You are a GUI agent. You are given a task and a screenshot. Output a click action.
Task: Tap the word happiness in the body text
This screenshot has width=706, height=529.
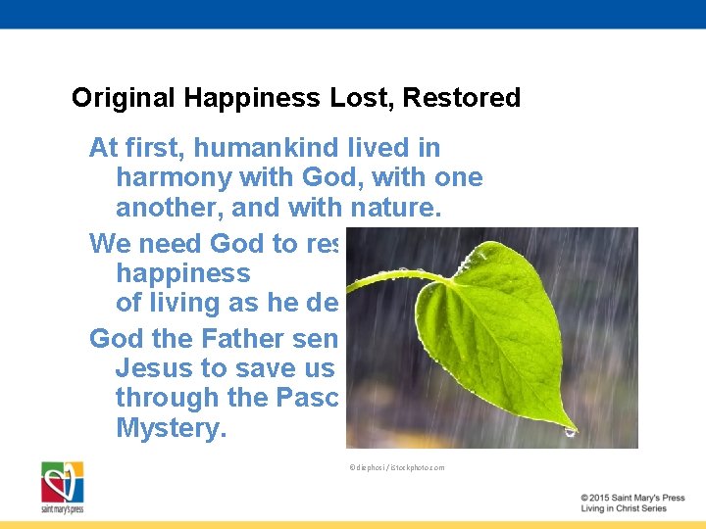(x=183, y=273)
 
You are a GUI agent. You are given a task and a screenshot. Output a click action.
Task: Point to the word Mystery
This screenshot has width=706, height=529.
(x=171, y=428)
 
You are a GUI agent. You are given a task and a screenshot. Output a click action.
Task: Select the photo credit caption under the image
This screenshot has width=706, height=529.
(x=396, y=467)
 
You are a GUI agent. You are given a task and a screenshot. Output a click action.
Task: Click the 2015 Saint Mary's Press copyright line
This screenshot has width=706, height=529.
(x=632, y=498)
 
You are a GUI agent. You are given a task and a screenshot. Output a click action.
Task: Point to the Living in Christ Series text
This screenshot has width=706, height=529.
(x=624, y=508)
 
